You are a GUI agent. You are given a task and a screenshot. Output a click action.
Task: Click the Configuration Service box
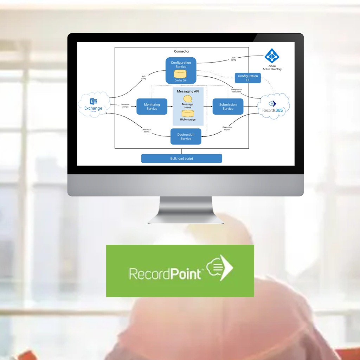181,65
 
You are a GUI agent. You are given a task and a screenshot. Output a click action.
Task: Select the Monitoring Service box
152,107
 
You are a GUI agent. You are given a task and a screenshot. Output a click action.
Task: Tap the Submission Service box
228,107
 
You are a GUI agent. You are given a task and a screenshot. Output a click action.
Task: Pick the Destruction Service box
186,136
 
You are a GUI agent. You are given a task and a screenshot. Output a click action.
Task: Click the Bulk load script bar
181,159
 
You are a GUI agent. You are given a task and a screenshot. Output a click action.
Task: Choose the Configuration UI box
248,78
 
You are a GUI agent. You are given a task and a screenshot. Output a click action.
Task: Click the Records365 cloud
274,107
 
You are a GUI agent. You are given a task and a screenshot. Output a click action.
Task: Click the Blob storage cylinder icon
188,114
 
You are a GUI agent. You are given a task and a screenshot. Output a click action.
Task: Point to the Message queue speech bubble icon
188,99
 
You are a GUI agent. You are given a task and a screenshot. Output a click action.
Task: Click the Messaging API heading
188,91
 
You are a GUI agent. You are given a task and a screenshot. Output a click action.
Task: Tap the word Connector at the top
181,52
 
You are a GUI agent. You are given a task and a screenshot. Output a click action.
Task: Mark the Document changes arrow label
125,105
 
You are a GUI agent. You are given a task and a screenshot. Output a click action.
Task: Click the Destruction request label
227,128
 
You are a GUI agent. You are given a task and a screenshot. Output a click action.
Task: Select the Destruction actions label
147,130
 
